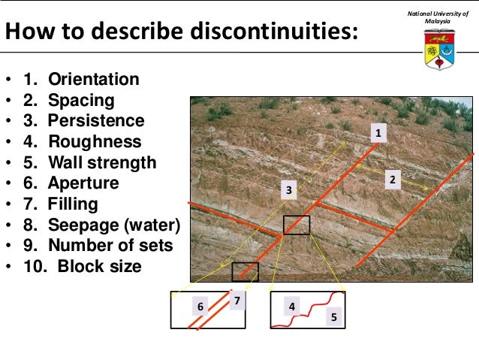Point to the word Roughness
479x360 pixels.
pos(95,142)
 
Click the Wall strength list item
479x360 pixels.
pos(102,163)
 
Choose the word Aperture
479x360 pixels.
pos(83,183)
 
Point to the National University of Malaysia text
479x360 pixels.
pos(438,17)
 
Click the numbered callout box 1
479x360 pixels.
pos(379,133)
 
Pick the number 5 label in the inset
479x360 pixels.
pos(333,318)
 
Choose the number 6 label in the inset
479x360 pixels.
pos(200,307)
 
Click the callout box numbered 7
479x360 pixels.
pos(237,301)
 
